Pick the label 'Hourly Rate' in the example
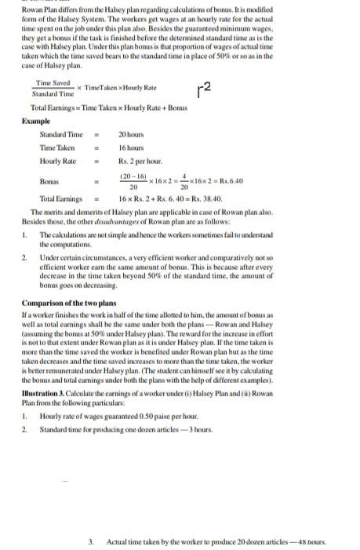[x=57, y=160]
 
